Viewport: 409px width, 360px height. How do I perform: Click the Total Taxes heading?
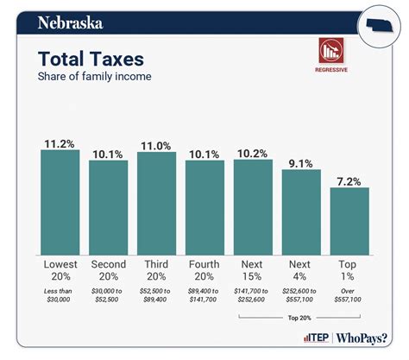(x=91, y=59)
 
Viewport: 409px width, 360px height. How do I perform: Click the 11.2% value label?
(x=60, y=142)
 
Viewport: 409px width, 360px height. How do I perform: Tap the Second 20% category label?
(x=109, y=270)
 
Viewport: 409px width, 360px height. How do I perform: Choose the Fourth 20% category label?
(x=205, y=270)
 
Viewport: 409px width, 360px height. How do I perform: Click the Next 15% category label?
(x=253, y=270)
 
